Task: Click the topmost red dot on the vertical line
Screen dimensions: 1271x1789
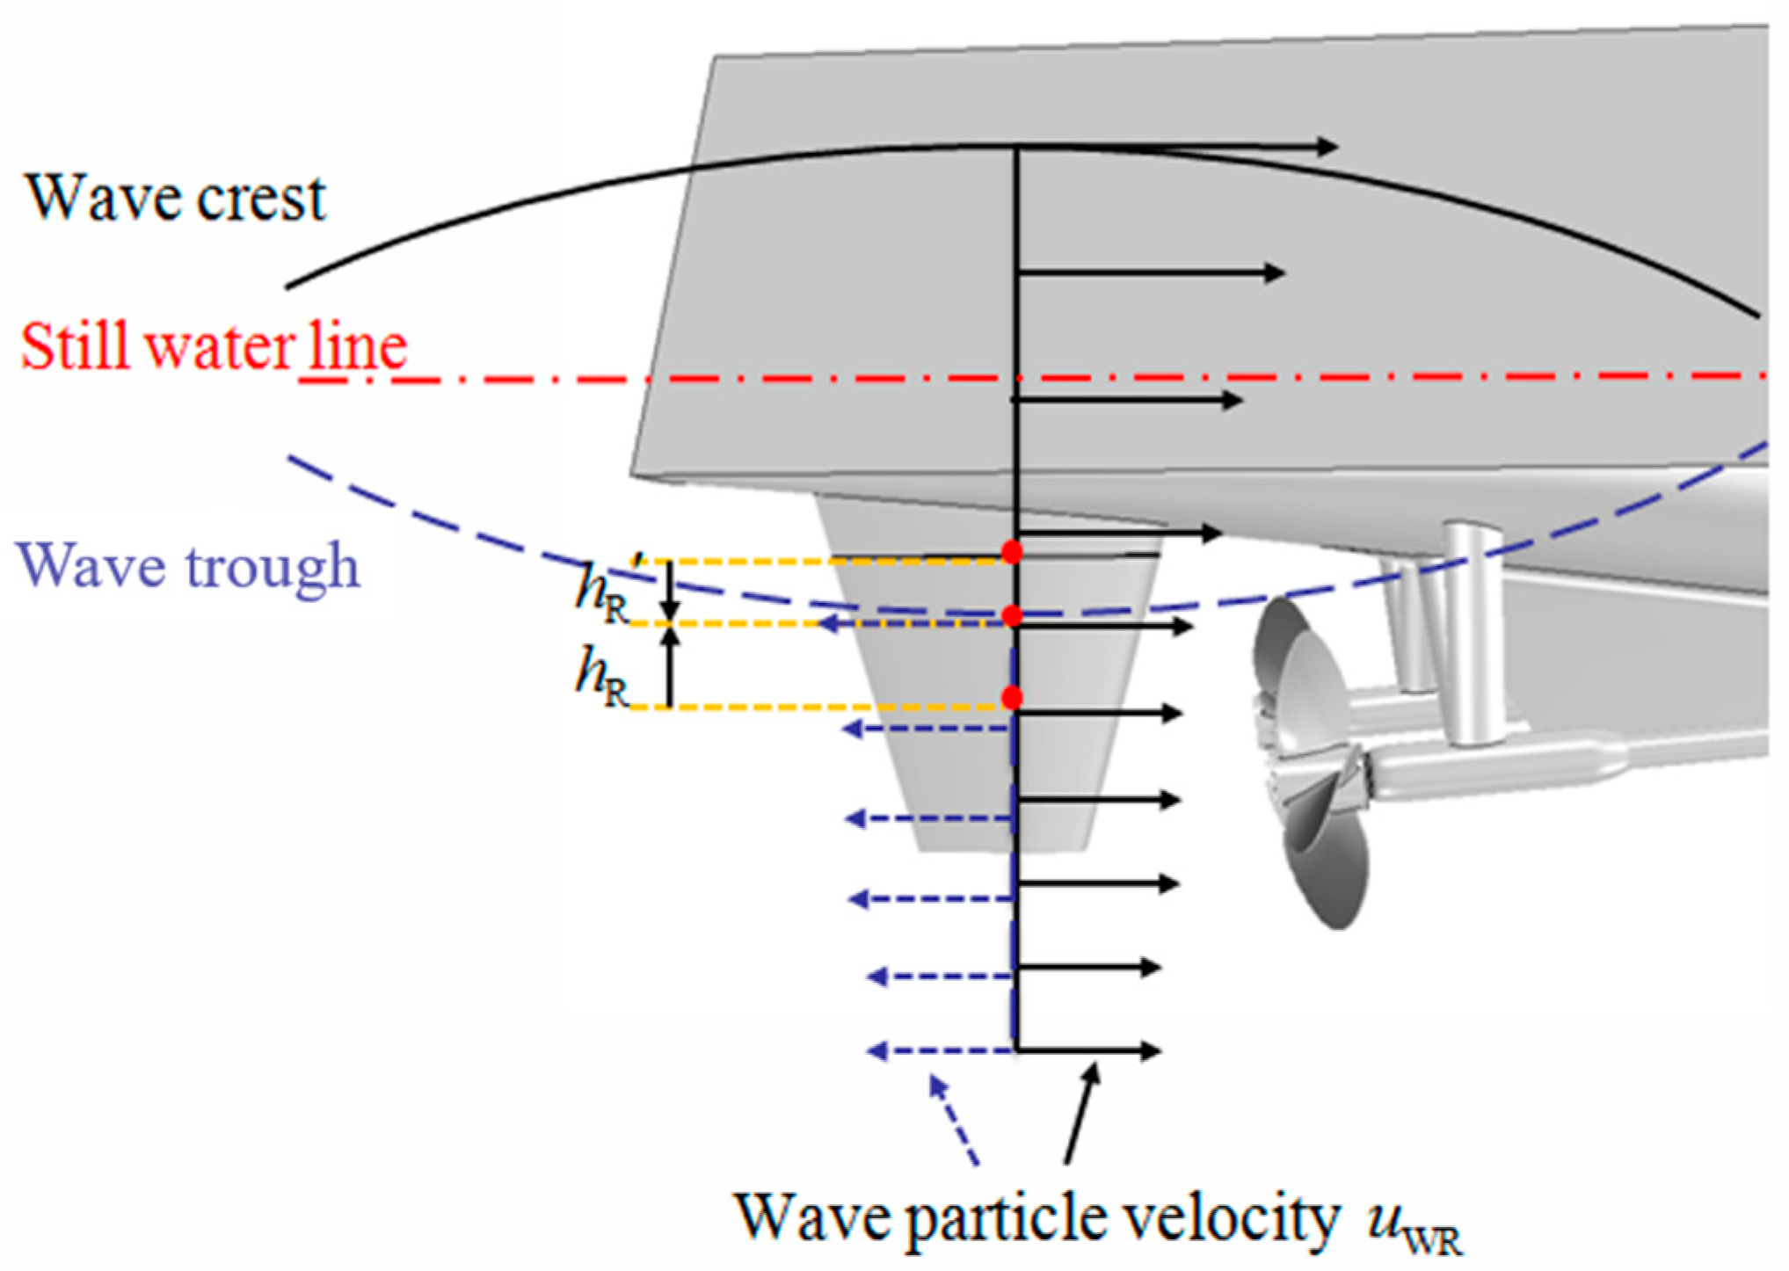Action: pos(1012,552)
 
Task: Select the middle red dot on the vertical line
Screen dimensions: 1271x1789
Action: pos(1012,615)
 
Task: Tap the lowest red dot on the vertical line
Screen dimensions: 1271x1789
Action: pos(1012,698)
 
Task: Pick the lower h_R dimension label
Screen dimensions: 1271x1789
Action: pos(603,677)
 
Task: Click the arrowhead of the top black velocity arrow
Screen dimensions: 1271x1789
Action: pos(1327,147)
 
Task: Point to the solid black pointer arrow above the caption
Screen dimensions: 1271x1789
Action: pos(1081,1113)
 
